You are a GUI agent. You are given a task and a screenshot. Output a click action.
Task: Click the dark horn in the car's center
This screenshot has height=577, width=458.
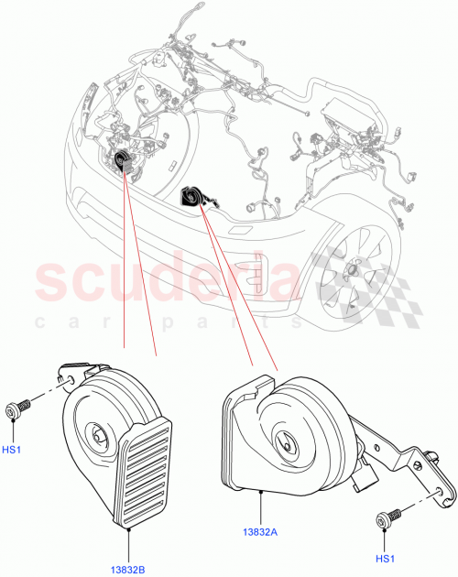[x=192, y=197]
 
